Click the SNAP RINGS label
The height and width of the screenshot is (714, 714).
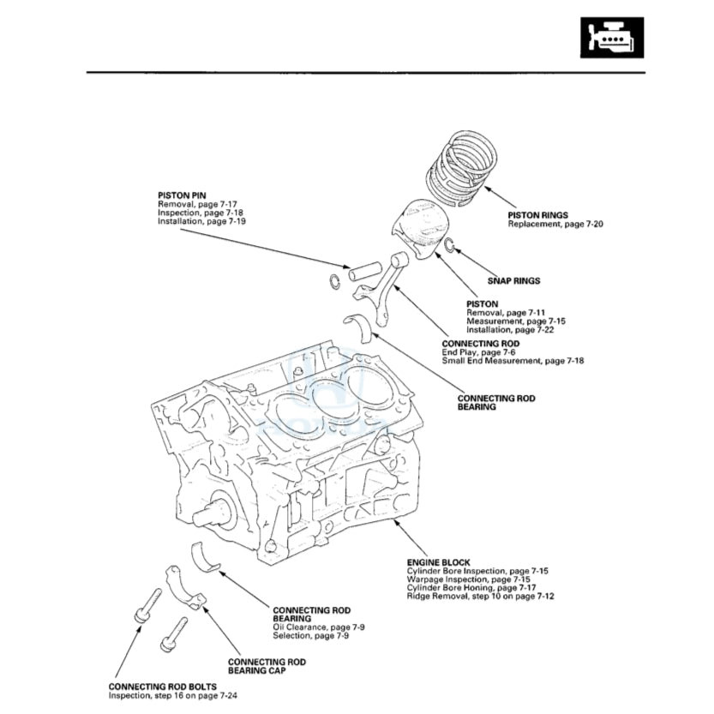point(513,280)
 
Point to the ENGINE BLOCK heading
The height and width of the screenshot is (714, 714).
point(438,562)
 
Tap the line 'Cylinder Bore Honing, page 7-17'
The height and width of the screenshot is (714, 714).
point(471,587)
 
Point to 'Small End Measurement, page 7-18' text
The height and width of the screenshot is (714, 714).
point(513,361)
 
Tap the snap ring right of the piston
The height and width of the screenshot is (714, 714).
point(448,249)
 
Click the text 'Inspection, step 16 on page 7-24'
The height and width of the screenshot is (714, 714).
point(172,694)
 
